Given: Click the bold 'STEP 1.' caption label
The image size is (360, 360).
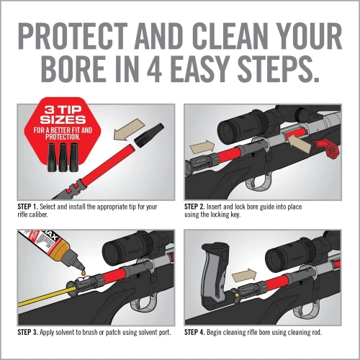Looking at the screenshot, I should click(30, 207).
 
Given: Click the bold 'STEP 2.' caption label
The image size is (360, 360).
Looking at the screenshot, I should click(199, 207).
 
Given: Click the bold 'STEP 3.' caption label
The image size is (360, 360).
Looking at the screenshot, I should click(30, 332).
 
